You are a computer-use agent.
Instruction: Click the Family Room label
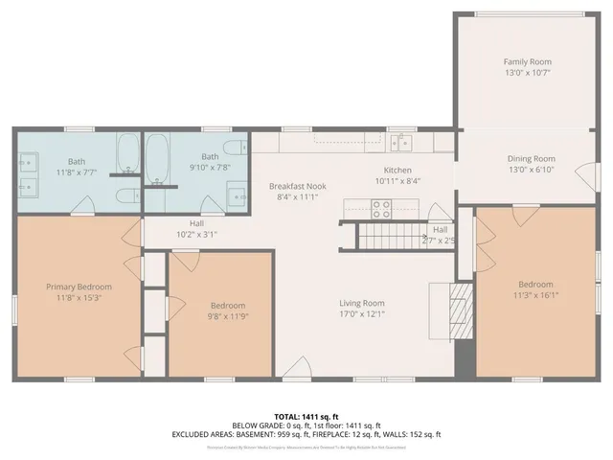(x=528, y=61)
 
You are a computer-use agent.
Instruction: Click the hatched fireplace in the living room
(x=462, y=308)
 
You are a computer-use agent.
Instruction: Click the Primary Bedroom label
(x=79, y=287)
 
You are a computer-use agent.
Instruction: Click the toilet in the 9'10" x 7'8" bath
(x=156, y=196)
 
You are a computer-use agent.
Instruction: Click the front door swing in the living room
(x=297, y=368)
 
